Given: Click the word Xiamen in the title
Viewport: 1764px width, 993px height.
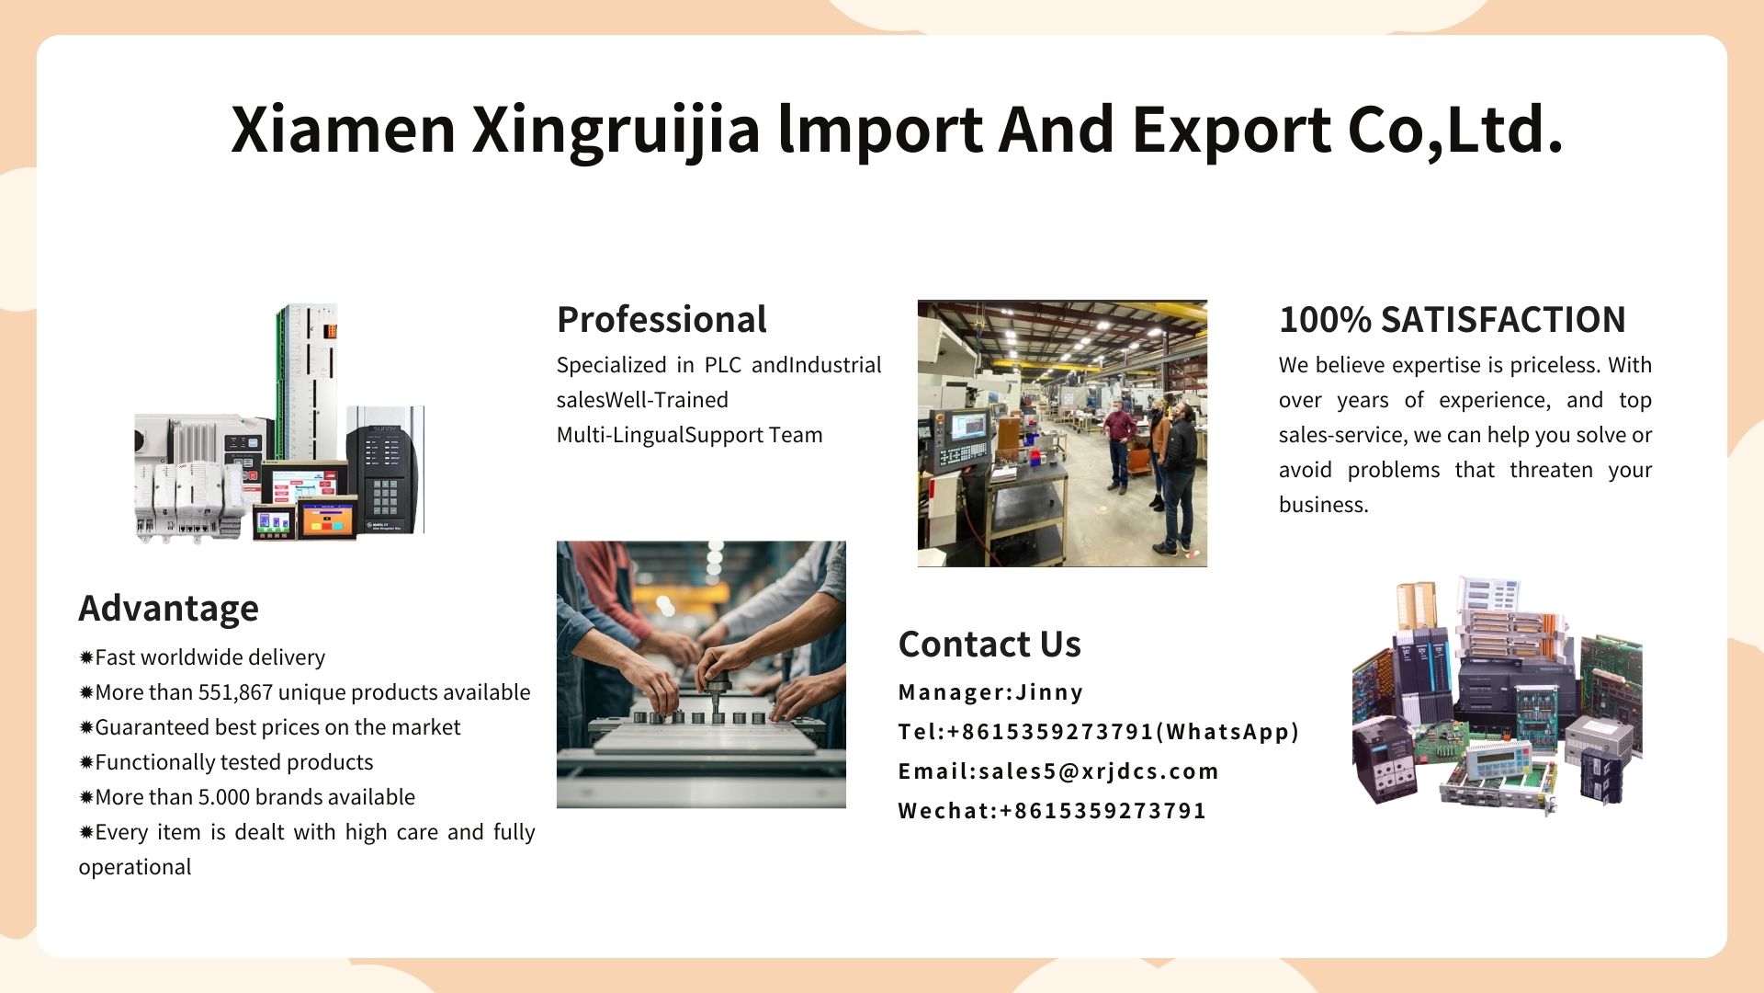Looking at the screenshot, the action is [344, 129].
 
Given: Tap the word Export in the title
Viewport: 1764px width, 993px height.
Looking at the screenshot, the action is [1231, 131].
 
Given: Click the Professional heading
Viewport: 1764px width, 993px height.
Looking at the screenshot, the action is [661, 320].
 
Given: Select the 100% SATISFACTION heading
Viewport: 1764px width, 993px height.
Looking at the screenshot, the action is [1453, 320].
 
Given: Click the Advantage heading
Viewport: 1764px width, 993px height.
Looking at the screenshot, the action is [169, 609].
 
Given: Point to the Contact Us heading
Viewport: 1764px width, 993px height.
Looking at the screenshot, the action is [989, 644].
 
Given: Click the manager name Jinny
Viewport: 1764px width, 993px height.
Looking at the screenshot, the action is [1049, 692].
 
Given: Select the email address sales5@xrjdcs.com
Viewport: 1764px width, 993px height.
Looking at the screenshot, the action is [1099, 771].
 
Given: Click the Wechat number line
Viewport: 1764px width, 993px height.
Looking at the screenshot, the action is [1053, 811].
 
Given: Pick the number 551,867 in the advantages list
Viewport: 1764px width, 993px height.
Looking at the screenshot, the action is [235, 692].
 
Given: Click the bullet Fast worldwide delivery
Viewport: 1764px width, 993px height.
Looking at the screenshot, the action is [202, 657].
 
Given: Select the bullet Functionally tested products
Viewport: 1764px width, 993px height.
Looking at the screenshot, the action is [226, 762].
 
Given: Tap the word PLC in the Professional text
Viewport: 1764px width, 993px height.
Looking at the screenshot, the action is [723, 365].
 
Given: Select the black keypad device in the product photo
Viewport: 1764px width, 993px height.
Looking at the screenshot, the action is [382, 478].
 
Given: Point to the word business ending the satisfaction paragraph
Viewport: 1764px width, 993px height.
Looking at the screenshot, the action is [1324, 505].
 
